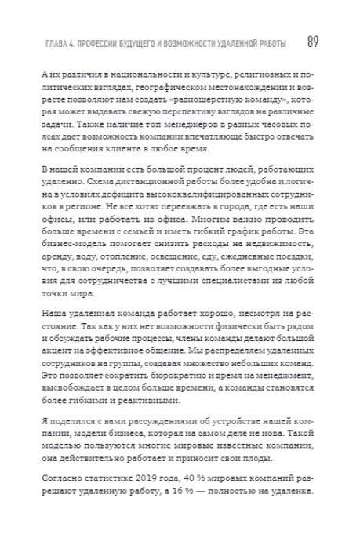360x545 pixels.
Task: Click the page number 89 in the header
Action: click(312, 41)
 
